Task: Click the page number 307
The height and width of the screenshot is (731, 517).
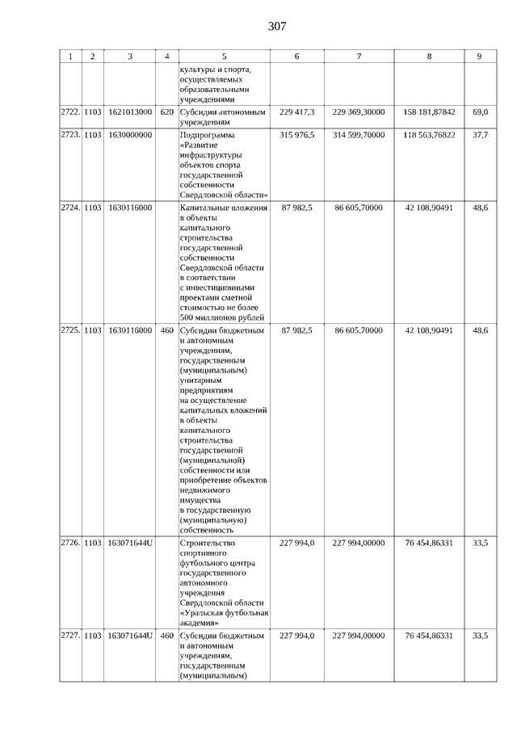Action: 276,27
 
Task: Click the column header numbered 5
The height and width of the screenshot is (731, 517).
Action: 224,57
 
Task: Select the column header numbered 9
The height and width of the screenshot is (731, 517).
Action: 479,57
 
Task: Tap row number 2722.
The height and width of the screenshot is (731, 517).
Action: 70,111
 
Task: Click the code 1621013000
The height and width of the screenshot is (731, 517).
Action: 129,111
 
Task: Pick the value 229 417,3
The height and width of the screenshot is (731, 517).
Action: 296,111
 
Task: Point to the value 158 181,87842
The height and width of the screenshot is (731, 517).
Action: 429,111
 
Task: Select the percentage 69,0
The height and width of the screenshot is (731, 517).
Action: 480,111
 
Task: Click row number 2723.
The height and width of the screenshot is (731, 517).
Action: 70,134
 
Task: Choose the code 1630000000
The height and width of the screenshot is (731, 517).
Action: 129,134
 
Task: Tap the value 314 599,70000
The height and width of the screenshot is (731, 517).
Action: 359,134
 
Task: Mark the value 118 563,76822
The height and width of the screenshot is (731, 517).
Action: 429,134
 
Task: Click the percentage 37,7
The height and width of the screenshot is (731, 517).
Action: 480,134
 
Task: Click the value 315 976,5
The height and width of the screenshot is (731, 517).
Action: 296,134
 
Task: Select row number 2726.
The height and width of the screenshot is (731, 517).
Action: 70,544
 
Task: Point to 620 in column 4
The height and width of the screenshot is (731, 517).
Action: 166,111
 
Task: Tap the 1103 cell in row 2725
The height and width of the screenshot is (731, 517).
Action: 93,330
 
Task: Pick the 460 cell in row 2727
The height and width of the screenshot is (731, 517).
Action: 166,636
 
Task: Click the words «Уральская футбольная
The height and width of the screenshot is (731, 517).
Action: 224,612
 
